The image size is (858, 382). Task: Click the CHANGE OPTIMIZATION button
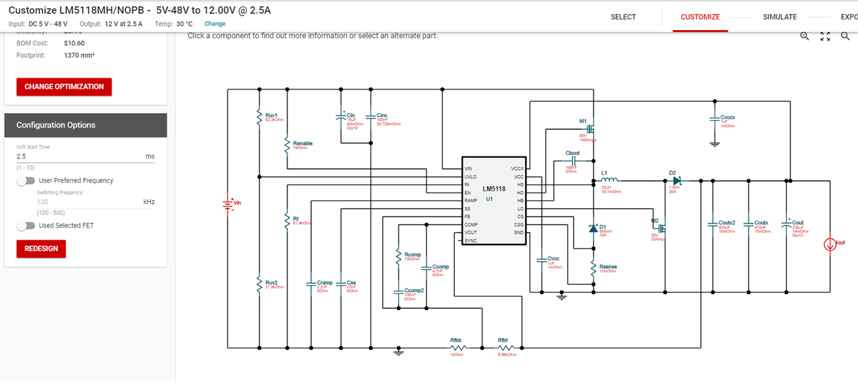coord(64,87)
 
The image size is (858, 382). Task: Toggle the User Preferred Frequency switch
coord(27,181)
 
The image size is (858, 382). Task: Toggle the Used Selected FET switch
coord(27,226)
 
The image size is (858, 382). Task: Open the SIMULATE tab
coord(779,17)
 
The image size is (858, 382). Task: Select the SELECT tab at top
coord(623,17)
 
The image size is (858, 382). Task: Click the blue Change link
coord(214,24)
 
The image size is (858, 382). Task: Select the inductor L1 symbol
coord(610,179)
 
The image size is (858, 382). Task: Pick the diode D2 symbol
coord(675,180)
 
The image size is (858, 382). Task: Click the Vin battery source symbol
coord(227,203)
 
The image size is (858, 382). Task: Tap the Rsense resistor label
coord(608,267)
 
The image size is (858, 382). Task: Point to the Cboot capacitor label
coord(573,153)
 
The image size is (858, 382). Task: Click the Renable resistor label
coord(303,143)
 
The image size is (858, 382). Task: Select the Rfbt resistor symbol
coord(504,347)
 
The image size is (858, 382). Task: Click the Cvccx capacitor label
coord(728,117)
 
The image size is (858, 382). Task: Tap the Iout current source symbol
coord(830,244)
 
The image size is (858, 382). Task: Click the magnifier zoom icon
coord(804,36)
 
